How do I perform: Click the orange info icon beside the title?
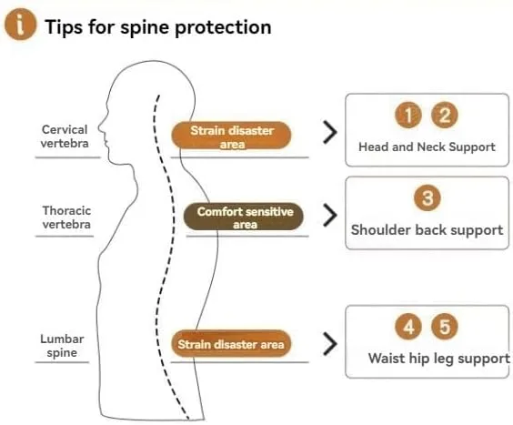[x=20, y=25]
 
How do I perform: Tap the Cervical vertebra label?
[x=65, y=137]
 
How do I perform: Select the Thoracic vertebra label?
[x=66, y=218]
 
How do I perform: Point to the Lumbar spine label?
[x=62, y=346]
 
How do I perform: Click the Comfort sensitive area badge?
[x=244, y=217]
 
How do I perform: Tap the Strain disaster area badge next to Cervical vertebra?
[x=231, y=136]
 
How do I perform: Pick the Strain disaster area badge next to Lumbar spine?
[x=231, y=344]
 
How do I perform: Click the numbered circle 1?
[x=408, y=115]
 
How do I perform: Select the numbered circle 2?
[x=444, y=115]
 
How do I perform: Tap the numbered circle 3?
[x=427, y=197]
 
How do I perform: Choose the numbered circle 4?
[x=408, y=327]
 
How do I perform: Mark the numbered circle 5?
[x=445, y=327]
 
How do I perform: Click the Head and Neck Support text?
[x=427, y=147]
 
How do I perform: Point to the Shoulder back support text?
[x=427, y=230]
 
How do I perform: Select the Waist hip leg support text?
[x=439, y=359]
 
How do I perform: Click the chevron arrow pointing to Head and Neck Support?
[x=330, y=132]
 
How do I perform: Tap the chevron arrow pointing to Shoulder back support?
[x=330, y=215]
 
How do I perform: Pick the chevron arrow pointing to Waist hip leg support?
[x=330, y=344]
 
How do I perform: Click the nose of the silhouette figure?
[x=100, y=127]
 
